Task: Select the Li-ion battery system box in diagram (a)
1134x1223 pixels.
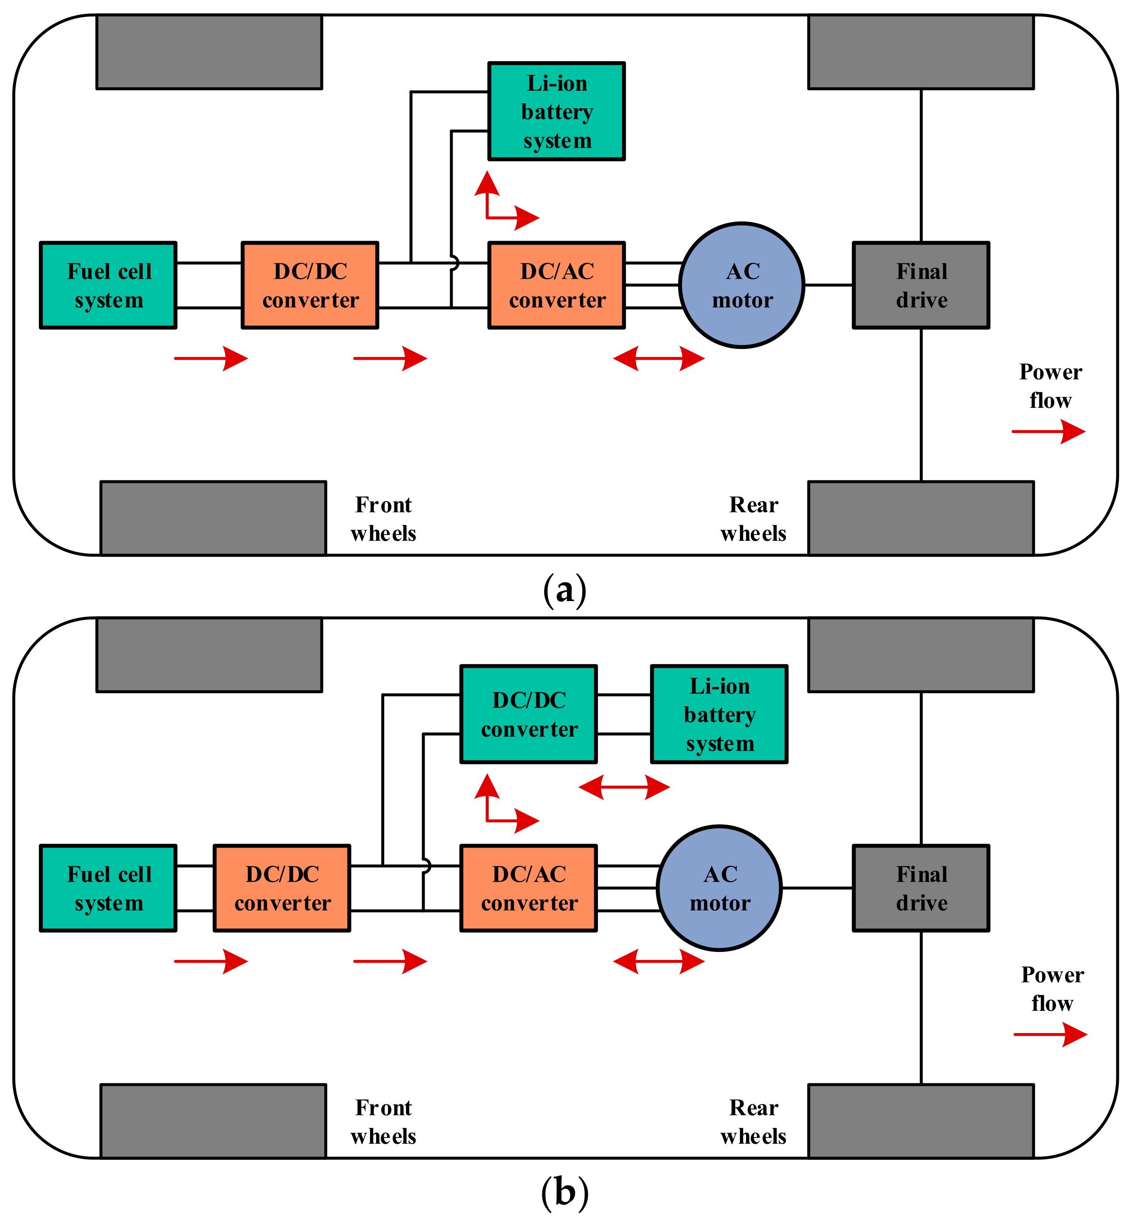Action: [x=556, y=111]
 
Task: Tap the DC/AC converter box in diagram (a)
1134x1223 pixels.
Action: [x=556, y=285]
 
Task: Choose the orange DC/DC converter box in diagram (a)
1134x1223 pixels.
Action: [x=310, y=285]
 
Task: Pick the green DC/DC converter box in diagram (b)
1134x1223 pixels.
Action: [x=529, y=714]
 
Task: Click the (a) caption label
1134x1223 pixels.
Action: [x=565, y=590]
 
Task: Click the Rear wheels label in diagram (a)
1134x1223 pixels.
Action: [x=753, y=519]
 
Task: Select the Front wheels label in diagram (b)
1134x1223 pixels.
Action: [x=384, y=1121]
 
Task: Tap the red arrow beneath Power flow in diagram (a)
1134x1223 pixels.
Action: [x=1048, y=431]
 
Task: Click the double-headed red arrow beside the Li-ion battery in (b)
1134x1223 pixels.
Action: [x=624, y=787]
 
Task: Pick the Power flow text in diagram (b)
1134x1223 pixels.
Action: [x=1052, y=989]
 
